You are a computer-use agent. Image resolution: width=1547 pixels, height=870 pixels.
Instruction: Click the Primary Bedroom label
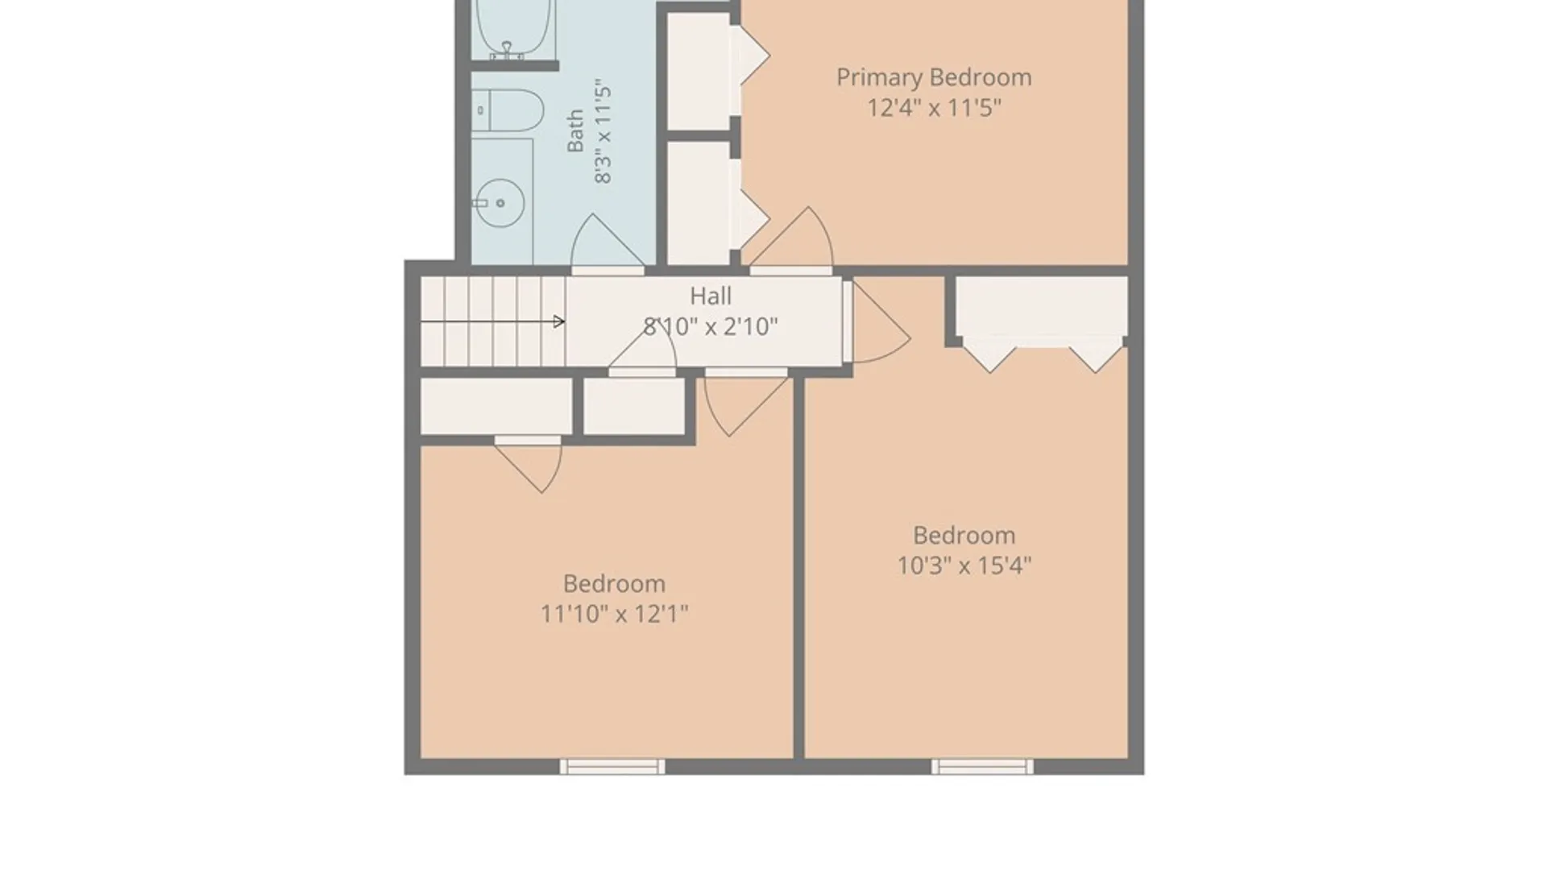pyautogui.click(x=934, y=77)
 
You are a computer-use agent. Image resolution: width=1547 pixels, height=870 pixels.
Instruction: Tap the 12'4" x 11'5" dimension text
pyautogui.click(x=934, y=107)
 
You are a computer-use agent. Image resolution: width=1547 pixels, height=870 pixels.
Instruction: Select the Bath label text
pyautogui.click(x=575, y=131)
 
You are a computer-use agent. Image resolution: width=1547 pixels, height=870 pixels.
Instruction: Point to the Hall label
pyautogui.click(x=711, y=296)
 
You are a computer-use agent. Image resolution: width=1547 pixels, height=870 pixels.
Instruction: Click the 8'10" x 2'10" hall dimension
pyautogui.click(x=711, y=326)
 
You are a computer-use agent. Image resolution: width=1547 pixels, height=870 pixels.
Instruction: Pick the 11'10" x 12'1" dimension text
pyautogui.click(x=614, y=614)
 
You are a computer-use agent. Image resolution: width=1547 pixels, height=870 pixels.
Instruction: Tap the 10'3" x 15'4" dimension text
pyautogui.click(x=964, y=565)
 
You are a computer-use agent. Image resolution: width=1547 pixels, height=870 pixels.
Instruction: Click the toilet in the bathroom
pyautogui.click(x=508, y=110)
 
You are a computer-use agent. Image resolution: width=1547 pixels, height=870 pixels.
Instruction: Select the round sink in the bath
pyautogui.click(x=499, y=203)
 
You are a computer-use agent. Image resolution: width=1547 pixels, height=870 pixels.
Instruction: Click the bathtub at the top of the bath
pyautogui.click(x=514, y=29)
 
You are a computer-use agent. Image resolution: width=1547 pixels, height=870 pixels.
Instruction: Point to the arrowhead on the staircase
pyautogui.click(x=559, y=322)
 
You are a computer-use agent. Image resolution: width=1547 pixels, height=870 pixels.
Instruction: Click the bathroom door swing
pyautogui.click(x=608, y=241)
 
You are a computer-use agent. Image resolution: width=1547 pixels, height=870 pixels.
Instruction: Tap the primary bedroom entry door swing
pyautogui.click(x=791, y=237)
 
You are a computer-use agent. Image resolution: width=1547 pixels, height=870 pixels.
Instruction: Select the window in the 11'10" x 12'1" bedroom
pyautogui.click(x=612, y=767)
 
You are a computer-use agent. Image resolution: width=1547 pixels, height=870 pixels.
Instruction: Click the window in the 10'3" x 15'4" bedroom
pyautogui.click(x=982, y=767)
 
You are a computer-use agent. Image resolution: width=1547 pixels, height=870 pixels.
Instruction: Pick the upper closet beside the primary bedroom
pyautogui.click(x=699, y=71)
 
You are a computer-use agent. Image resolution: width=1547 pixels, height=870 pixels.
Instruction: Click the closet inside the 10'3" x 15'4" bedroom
pyautogui.click(x=1041, y=306)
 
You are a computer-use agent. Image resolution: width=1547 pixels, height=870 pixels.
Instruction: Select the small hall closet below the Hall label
pyautogui.click(x=634, y=406)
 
